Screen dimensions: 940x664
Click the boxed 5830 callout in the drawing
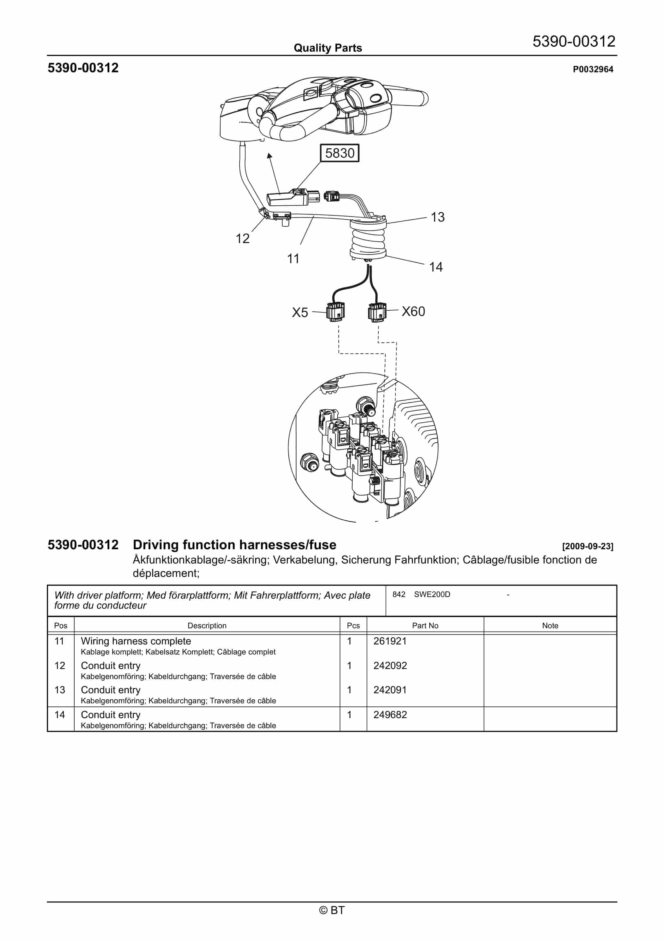[x=339, y=153]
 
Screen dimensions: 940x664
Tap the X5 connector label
[x=300, y=313]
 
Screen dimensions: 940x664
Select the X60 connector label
[x=413, y=311]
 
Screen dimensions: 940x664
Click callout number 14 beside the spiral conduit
[x=436, y=267]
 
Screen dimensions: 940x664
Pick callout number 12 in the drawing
[x=242, y=239]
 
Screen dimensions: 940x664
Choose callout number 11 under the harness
[x=293, y=259]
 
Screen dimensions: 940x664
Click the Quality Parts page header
[x=328, y=48]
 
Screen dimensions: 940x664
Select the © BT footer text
[x=332, y=910]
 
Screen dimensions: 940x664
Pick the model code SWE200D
[x=432, y=594]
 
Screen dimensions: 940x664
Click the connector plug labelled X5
[x=335, y=312]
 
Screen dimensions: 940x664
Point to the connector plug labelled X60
[x=377, y=312]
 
